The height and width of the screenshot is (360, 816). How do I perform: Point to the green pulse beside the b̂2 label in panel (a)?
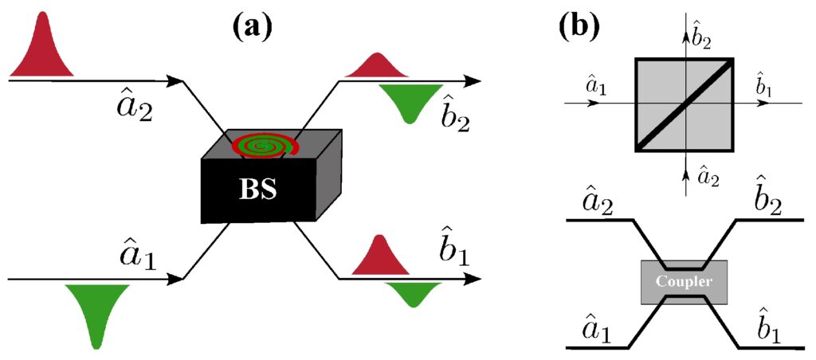click(411, 101)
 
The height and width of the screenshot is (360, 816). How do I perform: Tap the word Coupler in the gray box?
click(684, 282)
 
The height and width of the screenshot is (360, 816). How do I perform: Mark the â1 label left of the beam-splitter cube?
click(595, 84)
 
